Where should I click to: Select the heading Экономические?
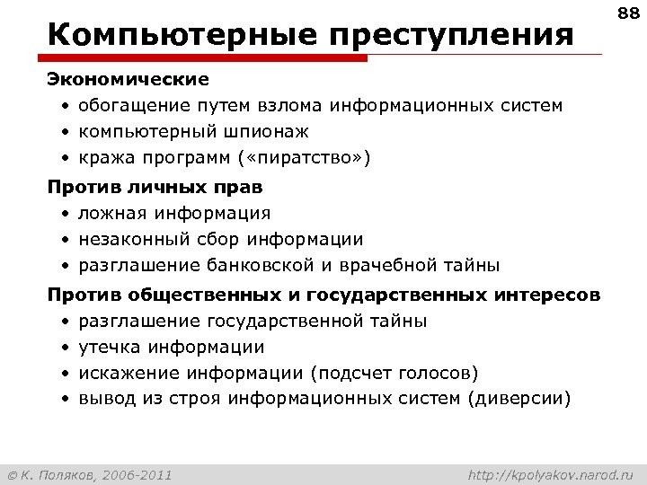(128, 80)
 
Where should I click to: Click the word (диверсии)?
(518, 399)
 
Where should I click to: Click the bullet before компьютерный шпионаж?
(66, 133)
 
